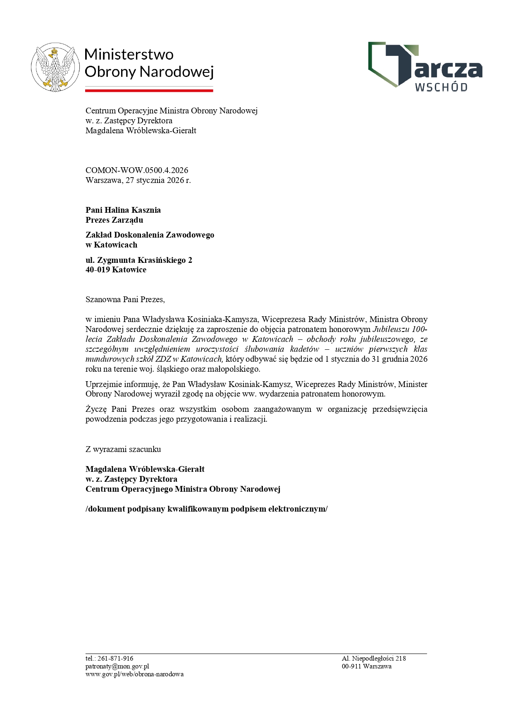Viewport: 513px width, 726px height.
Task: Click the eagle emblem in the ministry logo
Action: tap(55, 67)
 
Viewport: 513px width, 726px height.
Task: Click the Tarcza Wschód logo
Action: tap(425, 66)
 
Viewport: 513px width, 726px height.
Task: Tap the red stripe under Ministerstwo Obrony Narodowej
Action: tap(149, 90)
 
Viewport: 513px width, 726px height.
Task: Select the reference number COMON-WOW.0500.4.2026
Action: tap(137, 170)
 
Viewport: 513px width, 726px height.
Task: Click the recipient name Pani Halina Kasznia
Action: tap(123, 210)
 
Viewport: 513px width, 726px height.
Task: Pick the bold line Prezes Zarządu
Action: tap(115, 220)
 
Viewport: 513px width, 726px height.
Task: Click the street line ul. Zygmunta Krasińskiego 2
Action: tap(139, 260)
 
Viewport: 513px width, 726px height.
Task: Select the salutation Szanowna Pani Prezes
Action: tap(125, 299)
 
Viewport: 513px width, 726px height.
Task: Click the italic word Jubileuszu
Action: tap(392, 329)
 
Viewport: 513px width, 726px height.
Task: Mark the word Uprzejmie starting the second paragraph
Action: tap(102, 384)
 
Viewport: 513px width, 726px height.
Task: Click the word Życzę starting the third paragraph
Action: tap(96, 409)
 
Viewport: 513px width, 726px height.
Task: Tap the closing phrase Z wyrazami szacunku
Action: tap(123, 449)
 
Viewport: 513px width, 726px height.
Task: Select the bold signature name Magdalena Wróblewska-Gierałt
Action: tap(145, 469)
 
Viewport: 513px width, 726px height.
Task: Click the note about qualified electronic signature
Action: tap(206, 509)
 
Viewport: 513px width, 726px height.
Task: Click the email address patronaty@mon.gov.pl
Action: tap(117, 666)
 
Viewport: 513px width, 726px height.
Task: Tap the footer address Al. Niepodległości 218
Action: tap(374, 659)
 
